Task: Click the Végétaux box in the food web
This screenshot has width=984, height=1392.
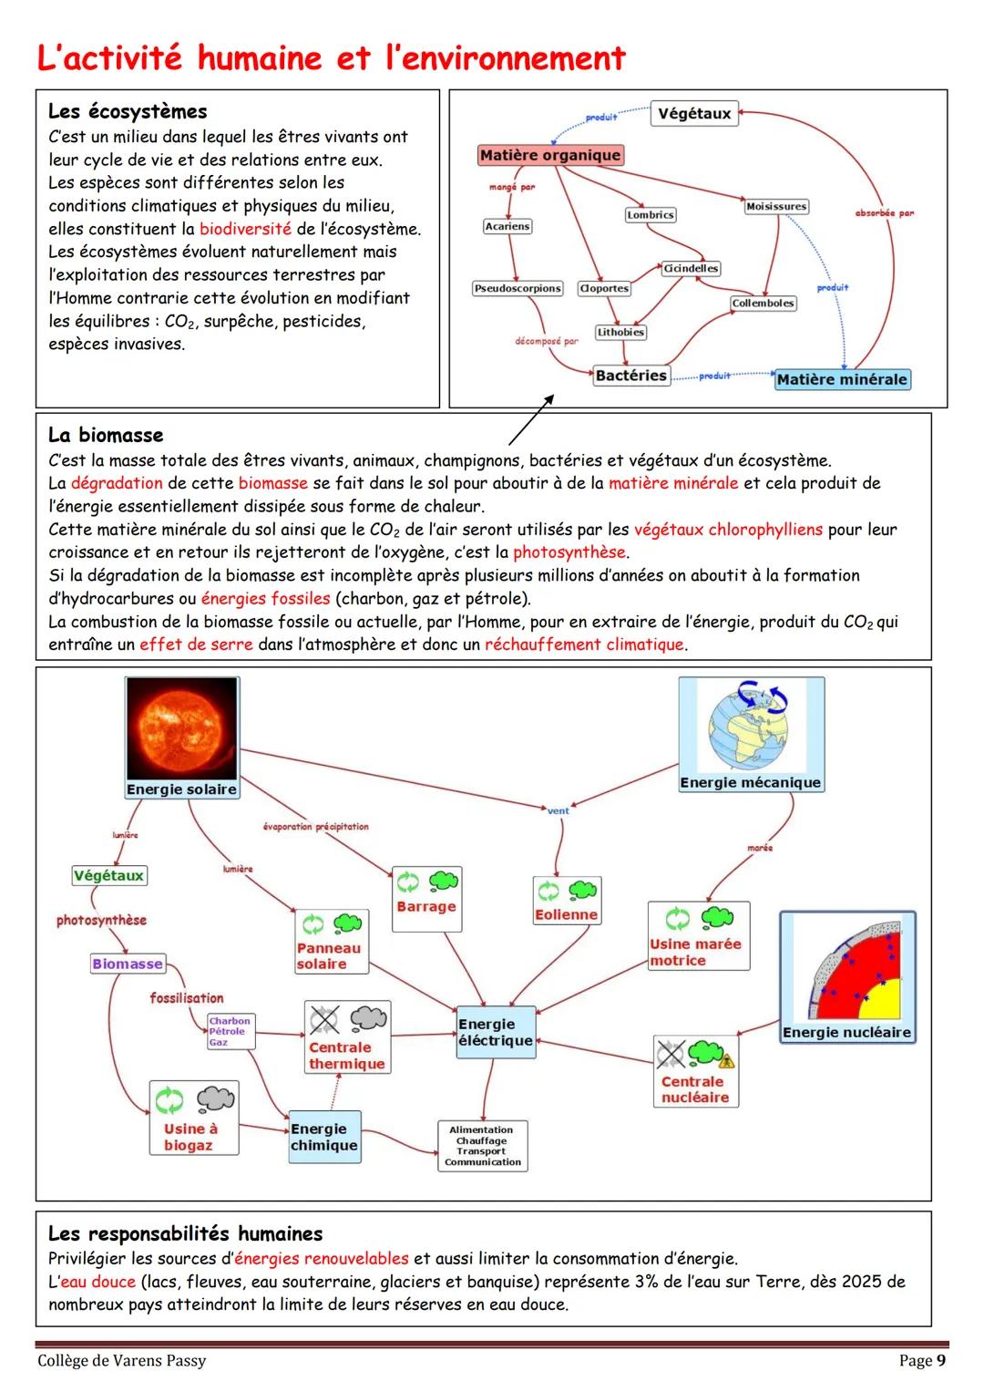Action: click(x=693, y=114)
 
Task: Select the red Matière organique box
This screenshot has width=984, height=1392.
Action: click(x=549, y=155)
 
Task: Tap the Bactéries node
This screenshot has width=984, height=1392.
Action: click(x=630, y=376)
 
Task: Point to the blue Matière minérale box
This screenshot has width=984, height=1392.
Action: click(x=841, y=379)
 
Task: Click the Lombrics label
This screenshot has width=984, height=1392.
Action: click(x=650, y=215)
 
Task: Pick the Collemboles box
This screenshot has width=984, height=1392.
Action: click(x=763, y=304)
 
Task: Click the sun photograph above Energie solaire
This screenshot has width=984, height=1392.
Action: click(x=181, y=728)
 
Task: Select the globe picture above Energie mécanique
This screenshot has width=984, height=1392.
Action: click(x=751, y=726)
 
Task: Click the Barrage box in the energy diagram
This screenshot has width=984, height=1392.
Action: click(x=425, y=899)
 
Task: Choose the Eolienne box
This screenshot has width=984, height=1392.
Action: click(x=566, y=901)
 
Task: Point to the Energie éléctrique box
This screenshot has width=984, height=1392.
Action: click(x=495, y=1033)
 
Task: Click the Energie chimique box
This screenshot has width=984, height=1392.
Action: click(x=323, y=1137)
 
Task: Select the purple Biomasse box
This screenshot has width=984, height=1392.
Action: click(x=127, y=964)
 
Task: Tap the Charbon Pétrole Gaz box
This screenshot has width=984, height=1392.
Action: click(x=230, y=1032)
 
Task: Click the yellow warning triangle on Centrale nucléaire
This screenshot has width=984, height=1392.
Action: click(x=726, y=1061)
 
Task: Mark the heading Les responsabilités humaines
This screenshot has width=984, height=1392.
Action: click(x=185, y=1233)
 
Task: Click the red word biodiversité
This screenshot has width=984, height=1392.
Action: click(x=245, y=229)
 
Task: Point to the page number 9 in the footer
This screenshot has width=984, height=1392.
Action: click(x=940, y=1360)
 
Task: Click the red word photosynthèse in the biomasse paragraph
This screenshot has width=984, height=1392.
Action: click(x=569, y=552)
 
